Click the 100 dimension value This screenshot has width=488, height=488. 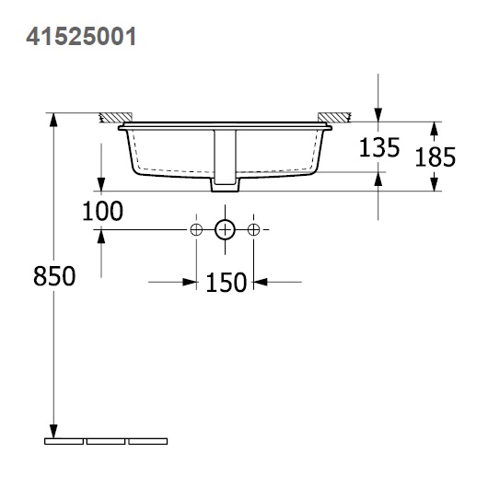pos(102,212)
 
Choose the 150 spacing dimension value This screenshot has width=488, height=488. pos(226,282)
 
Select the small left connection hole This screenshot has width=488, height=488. pos(195,229)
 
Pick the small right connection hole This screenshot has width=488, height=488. pos(255,229)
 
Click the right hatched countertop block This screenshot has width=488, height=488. pos(333,117)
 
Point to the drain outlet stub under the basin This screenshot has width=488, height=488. pos(223,186)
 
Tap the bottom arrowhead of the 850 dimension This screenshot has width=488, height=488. pos(53,431)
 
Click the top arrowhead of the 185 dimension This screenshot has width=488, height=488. pos(435,127)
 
